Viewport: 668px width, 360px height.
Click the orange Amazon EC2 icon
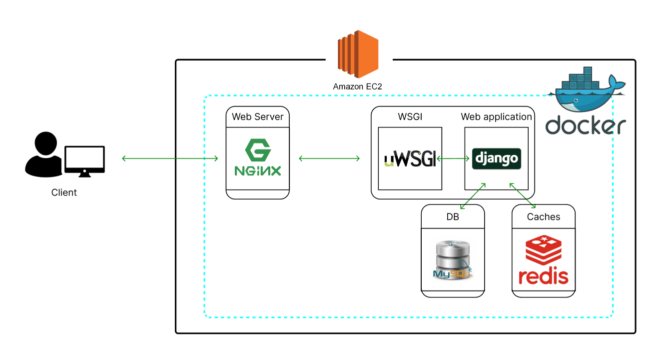click(358, 54)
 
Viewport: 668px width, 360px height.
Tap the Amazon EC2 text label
click(357, 86)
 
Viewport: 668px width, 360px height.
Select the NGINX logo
click(258, 157)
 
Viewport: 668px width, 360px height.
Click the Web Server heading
click(258, 116)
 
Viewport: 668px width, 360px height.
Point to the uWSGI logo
click(410, 158)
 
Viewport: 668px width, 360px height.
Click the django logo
click(497, 158)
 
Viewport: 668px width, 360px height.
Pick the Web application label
click(496, 116)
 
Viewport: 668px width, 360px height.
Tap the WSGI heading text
click(410, 116)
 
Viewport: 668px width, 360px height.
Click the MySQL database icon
click(453, 259)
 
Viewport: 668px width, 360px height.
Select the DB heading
click(453, 216)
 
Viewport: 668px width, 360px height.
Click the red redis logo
click(544, 259)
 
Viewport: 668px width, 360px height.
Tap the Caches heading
click(544, 216)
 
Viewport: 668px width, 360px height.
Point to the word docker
click(586, 125)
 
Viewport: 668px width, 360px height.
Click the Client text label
click(64, 192)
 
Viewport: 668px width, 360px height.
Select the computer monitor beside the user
click(85, 161)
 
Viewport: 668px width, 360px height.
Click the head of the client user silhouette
click(45, 143)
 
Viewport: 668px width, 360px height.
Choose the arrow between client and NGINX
click(170, 158)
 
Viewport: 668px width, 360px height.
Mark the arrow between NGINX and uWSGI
click(329, 158)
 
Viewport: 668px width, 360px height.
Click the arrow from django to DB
click(473, 196)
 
